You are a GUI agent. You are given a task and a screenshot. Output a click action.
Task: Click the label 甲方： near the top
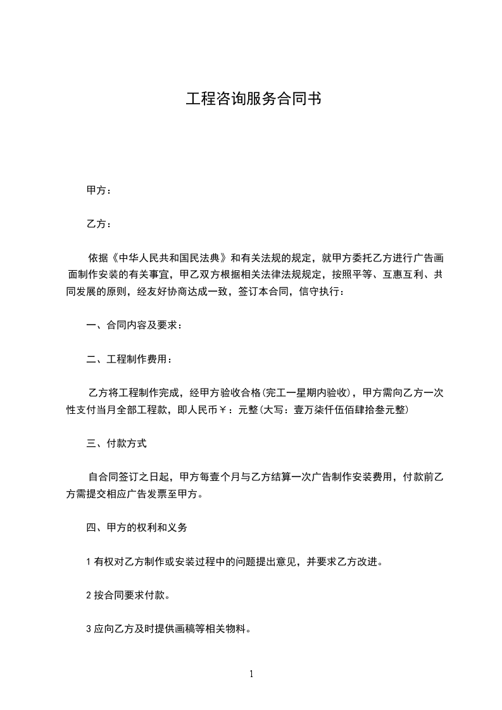(x=99, y=190)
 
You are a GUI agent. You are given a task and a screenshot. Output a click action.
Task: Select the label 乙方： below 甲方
(x=99, y=224)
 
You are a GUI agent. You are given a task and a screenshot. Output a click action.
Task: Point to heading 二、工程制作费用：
(x=129, y=359)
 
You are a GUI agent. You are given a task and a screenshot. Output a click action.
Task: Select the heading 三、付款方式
(x=116, y=444)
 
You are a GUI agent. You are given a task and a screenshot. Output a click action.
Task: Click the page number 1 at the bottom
(x=251, y=674)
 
